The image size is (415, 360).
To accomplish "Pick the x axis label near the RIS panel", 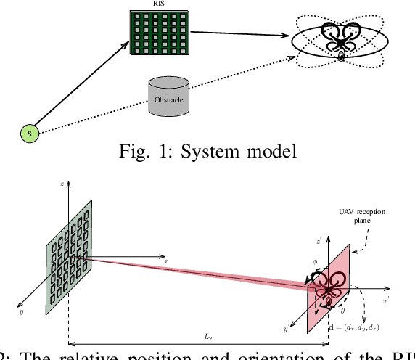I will [166, 261].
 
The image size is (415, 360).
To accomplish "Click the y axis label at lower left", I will [22, 311].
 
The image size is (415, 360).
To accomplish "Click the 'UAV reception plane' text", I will [361, 216].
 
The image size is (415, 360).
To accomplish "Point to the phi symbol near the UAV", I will [314, 260].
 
